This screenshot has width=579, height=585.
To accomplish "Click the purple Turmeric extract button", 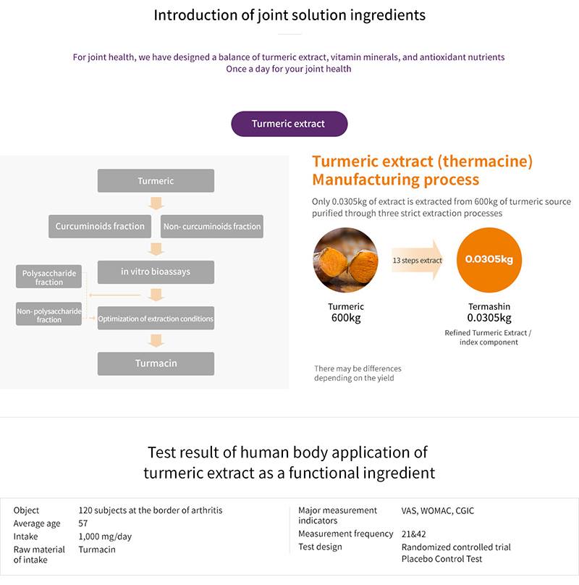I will click(289, 124).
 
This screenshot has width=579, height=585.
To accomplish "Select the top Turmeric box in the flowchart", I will click(156, 181).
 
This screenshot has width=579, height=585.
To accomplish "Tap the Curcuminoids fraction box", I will click(100, 226).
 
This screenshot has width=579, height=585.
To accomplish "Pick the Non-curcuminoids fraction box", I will click(212, 227).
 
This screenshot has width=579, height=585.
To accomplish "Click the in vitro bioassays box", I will click(156, 272).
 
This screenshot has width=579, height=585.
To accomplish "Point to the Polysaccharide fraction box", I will click(49, 277).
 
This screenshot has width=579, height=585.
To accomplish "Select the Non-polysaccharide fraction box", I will click(49, 315).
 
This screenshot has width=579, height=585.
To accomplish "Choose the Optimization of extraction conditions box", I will click(156, 319).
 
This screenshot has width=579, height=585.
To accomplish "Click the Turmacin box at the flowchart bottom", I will click(156, 363).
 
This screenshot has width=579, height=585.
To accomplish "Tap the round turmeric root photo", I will click(345, 260).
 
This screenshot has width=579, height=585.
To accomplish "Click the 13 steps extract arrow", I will click(418, 260).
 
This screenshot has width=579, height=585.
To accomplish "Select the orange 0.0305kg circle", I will click(489, 260).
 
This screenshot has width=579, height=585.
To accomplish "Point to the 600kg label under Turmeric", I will click(345, 318).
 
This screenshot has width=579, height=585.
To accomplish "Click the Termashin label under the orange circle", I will click(489, 306).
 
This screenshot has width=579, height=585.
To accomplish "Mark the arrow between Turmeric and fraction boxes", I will click(156, 203).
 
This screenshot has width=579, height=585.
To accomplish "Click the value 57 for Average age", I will click(83, 523).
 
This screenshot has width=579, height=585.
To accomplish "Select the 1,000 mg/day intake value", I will click(105, 536).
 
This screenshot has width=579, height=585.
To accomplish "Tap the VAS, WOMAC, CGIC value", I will click(438, 510).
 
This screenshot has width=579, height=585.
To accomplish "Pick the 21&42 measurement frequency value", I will click(413, 534).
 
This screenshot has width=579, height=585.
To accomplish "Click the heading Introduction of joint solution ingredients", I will click(289, 14).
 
